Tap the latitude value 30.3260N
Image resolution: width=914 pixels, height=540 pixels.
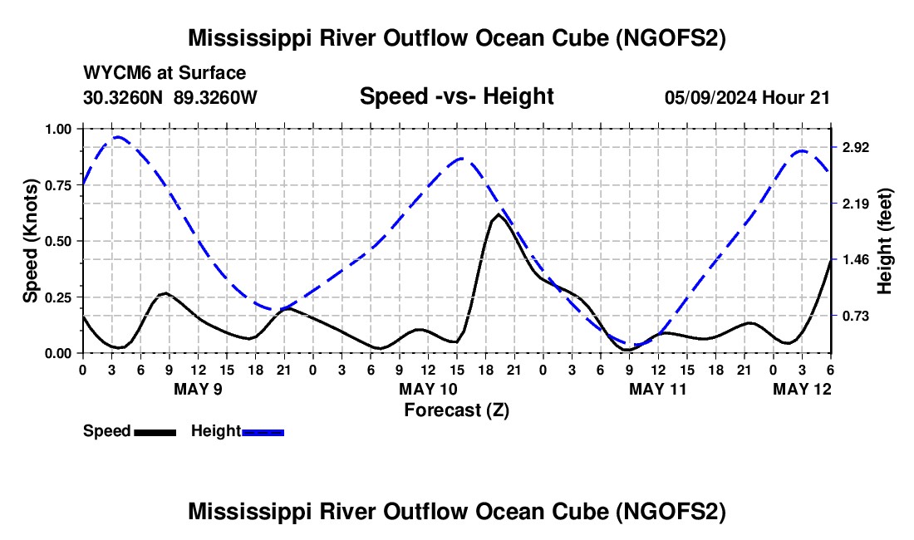click(x=123, y=97)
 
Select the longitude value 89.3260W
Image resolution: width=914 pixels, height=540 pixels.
click(x=215, y=97)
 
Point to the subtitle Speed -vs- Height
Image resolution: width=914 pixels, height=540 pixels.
click(x=456, y=96)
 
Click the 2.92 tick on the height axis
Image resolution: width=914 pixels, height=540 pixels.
click(x=855, y=147)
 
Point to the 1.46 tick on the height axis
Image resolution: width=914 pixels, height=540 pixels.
click(x=855, y=260)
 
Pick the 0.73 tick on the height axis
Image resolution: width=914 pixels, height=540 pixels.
click(x=855, y=317)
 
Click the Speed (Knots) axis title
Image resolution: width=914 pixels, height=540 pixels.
click(x=30, y=241)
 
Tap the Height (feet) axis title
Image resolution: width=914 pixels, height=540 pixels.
click(x=884, y=241)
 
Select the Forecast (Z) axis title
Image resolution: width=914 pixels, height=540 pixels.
click(x=456, y=410)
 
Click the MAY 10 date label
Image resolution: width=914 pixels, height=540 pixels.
click(x=429, y=389)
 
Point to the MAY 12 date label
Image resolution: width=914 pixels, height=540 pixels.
click(x=802, y=389)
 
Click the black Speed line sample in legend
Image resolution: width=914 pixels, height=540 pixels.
click(x=155, y=432)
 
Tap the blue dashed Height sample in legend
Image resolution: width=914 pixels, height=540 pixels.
click(x=263, y=432)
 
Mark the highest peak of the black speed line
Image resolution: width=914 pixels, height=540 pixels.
click(x=499, y=214)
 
